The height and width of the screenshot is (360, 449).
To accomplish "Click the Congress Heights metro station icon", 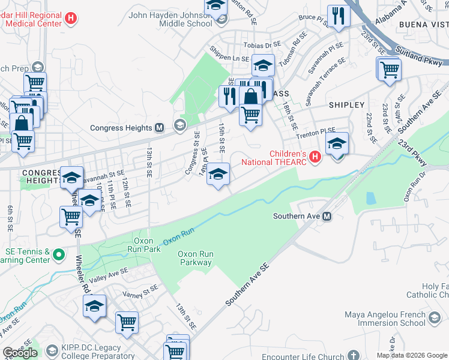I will point(160,127).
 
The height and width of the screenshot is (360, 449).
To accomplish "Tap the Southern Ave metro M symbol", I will point(327,216).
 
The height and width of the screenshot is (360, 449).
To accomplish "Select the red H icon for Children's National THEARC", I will point(316,158).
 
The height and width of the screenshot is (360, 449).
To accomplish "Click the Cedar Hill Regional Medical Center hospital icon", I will point(71,19).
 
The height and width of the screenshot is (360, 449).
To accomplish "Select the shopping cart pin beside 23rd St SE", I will point(390,69).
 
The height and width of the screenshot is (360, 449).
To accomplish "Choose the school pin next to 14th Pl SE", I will point(218,175).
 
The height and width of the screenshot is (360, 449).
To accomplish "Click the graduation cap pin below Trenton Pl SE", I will point(337,144).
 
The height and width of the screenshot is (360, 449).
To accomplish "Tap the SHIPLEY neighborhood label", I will point(346,105).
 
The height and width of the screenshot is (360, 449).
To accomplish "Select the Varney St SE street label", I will point(140,291).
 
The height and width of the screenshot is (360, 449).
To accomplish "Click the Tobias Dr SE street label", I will point(262,44).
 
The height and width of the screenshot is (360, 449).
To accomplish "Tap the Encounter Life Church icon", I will point(355,355).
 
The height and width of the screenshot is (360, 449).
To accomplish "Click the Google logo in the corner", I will point(20,353).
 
